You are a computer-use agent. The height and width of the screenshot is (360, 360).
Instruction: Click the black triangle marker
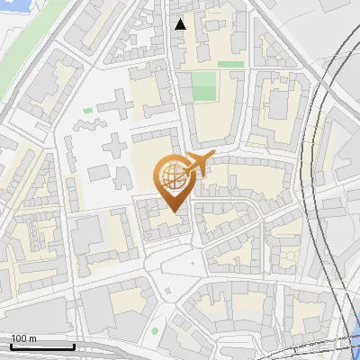pos(181,24)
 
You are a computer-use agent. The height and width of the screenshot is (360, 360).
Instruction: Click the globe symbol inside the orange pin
pos(171,175)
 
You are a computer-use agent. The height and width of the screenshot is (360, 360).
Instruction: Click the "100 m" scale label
pos(23,338)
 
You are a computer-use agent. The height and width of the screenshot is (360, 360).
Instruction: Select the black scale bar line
pos(42,346)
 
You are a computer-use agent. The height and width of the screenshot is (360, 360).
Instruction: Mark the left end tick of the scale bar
pos(12,346)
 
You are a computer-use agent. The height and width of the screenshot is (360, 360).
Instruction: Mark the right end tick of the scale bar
pos(74,346)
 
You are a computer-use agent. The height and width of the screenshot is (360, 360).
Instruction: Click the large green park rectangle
pos(204,86)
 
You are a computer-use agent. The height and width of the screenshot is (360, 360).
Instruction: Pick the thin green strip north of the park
pos(230,65)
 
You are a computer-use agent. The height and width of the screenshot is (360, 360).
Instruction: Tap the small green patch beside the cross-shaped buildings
pos(88,111)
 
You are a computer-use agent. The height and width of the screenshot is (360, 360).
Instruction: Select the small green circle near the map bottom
pos(155,332)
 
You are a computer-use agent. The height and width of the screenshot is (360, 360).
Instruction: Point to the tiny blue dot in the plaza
pos(191,262)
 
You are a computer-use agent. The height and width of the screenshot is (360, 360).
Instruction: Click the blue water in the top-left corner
pos(11,11)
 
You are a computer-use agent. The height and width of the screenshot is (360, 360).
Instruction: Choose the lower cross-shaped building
pos(115,144)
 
